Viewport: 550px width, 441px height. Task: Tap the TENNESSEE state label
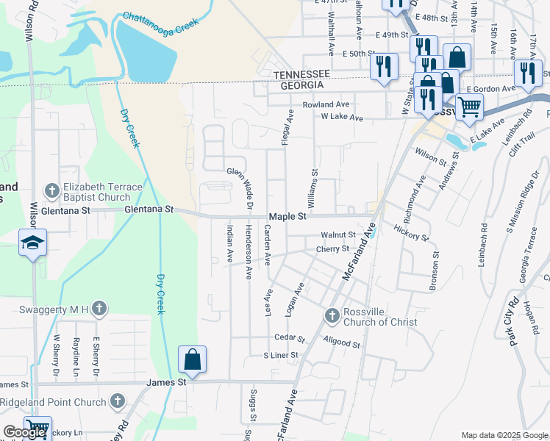click(302, 76)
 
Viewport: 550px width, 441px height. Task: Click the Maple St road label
click(287, 217)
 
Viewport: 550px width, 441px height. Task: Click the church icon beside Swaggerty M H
click(99, 309)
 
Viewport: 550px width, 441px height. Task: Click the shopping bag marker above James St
click(192, 359)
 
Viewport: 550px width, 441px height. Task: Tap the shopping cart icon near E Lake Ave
click(469, 107)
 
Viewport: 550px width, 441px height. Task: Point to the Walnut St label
click(338, 235)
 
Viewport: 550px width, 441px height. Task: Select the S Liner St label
click(281, 355)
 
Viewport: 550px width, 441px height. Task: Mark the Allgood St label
click(341, 343)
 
